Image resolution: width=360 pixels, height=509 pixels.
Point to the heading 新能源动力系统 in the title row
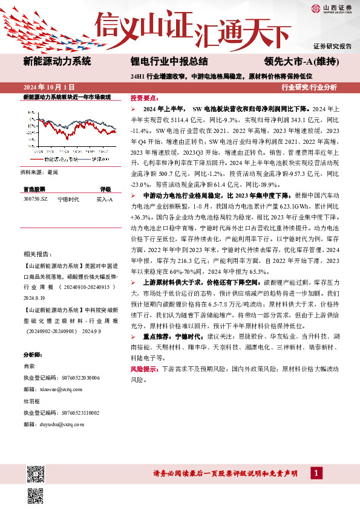tap(57, 61)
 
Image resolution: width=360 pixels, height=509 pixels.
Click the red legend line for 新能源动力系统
tap(38, 158)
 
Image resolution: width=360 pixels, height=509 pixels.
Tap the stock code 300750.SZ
tap(35, 198)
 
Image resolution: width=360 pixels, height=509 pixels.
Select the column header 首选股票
tap(34, 189)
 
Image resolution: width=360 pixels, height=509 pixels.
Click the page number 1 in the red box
tap(316, 473)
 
